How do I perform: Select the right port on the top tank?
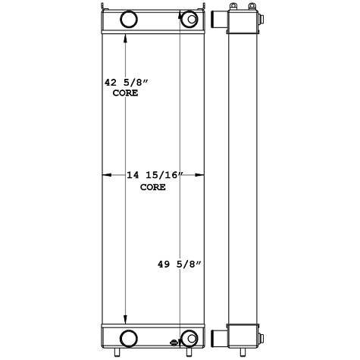[186, 18]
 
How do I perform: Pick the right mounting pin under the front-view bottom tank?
[193, 352]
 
